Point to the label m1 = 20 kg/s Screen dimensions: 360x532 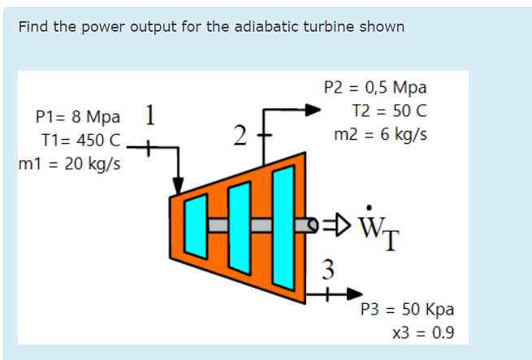[x=70, y=163]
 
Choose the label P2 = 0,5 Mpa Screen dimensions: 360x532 [x=374, y=88]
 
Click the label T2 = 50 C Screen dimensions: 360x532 [x=389, y=111]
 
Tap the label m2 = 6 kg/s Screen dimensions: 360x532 [x=380, y=133]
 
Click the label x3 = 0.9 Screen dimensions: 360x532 [x=422, y=332]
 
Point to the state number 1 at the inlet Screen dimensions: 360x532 [x=150, y=114]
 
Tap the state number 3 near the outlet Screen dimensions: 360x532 [x=327, y=267]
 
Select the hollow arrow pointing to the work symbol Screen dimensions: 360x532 [x=337, y=222]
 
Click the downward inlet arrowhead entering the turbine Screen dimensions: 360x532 [x=179, y=187]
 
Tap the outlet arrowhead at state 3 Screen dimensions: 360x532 [x=356, y=293]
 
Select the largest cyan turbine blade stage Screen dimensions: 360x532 [x=282, y=223]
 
